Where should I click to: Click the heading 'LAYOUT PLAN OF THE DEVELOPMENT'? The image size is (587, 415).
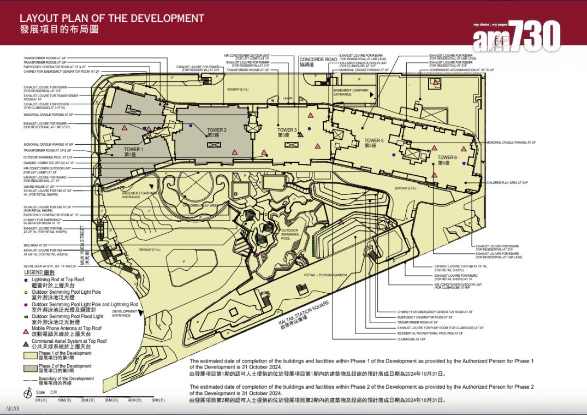pos(112,18)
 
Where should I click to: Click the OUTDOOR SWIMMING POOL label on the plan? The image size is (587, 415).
pos(289,234)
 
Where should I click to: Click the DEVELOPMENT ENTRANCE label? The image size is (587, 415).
pos(121,313)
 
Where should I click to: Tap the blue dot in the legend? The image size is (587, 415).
pos(26,280)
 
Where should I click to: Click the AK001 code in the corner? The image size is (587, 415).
pos(12,408)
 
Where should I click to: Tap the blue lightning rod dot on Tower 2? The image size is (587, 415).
pos(190,126)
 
